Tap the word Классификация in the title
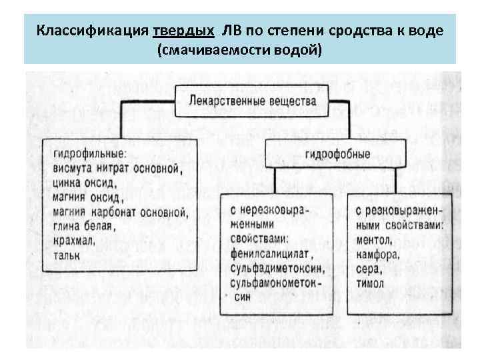(x=93, y=31)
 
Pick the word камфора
(x=377, y=254)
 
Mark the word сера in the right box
(x=369, y=269)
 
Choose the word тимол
(x=371, y=283)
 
